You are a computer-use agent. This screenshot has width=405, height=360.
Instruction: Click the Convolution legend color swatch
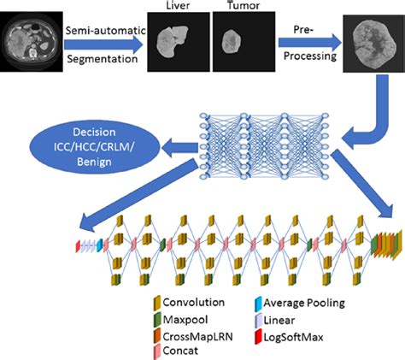158,302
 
